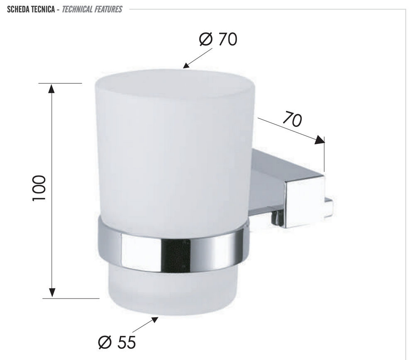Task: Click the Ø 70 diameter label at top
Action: coord(218,39)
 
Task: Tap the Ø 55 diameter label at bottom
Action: coord(117,342)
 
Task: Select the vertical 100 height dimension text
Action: coord(39,188)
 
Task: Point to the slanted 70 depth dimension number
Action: coord(292,119)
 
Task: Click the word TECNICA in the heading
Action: coord(43,10)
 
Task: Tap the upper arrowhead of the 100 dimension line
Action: coord(51,88)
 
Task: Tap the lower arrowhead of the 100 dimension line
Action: coord(52,292)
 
